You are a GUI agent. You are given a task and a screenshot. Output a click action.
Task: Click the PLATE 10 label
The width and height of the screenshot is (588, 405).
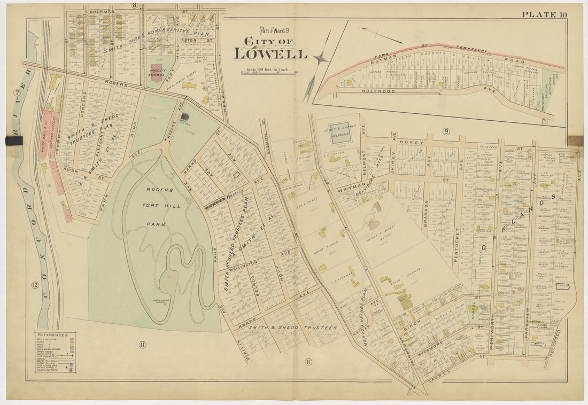click(544, 14)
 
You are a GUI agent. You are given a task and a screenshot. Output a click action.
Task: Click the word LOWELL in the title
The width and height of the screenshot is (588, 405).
click(270, 54)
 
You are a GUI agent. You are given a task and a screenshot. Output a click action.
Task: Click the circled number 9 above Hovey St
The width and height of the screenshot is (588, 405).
click(445, 131)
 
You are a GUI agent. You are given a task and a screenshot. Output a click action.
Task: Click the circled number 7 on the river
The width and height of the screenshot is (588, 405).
click(18, 92)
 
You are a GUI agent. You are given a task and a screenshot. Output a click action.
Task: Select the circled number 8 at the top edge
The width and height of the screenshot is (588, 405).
click(135, 6)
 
